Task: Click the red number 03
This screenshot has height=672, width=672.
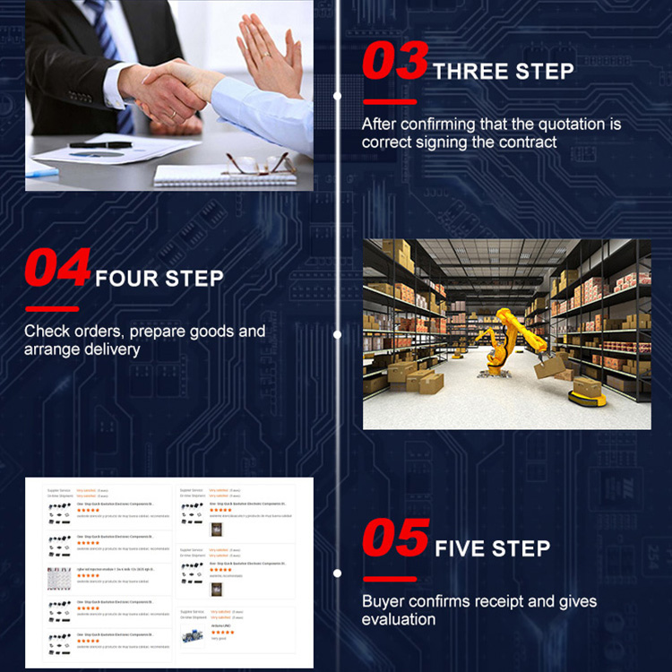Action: click(394, 62)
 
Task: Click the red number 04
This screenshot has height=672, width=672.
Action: click(56, 267)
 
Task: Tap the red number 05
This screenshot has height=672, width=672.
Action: click(395, 538)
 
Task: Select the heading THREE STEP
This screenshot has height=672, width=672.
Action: click(503, 72)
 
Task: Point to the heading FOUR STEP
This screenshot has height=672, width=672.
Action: click(159, 278)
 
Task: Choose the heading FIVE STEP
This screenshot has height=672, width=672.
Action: click(492, 548)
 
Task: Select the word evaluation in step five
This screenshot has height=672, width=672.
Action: click(399, 619)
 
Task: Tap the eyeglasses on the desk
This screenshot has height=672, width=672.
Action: click(257, 163)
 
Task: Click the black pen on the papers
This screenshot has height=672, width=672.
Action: click(99, 144)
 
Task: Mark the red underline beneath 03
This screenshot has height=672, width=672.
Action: click(389, 102)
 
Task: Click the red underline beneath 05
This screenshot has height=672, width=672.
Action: click(389, 579)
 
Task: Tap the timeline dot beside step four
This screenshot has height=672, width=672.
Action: click(337, 335)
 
